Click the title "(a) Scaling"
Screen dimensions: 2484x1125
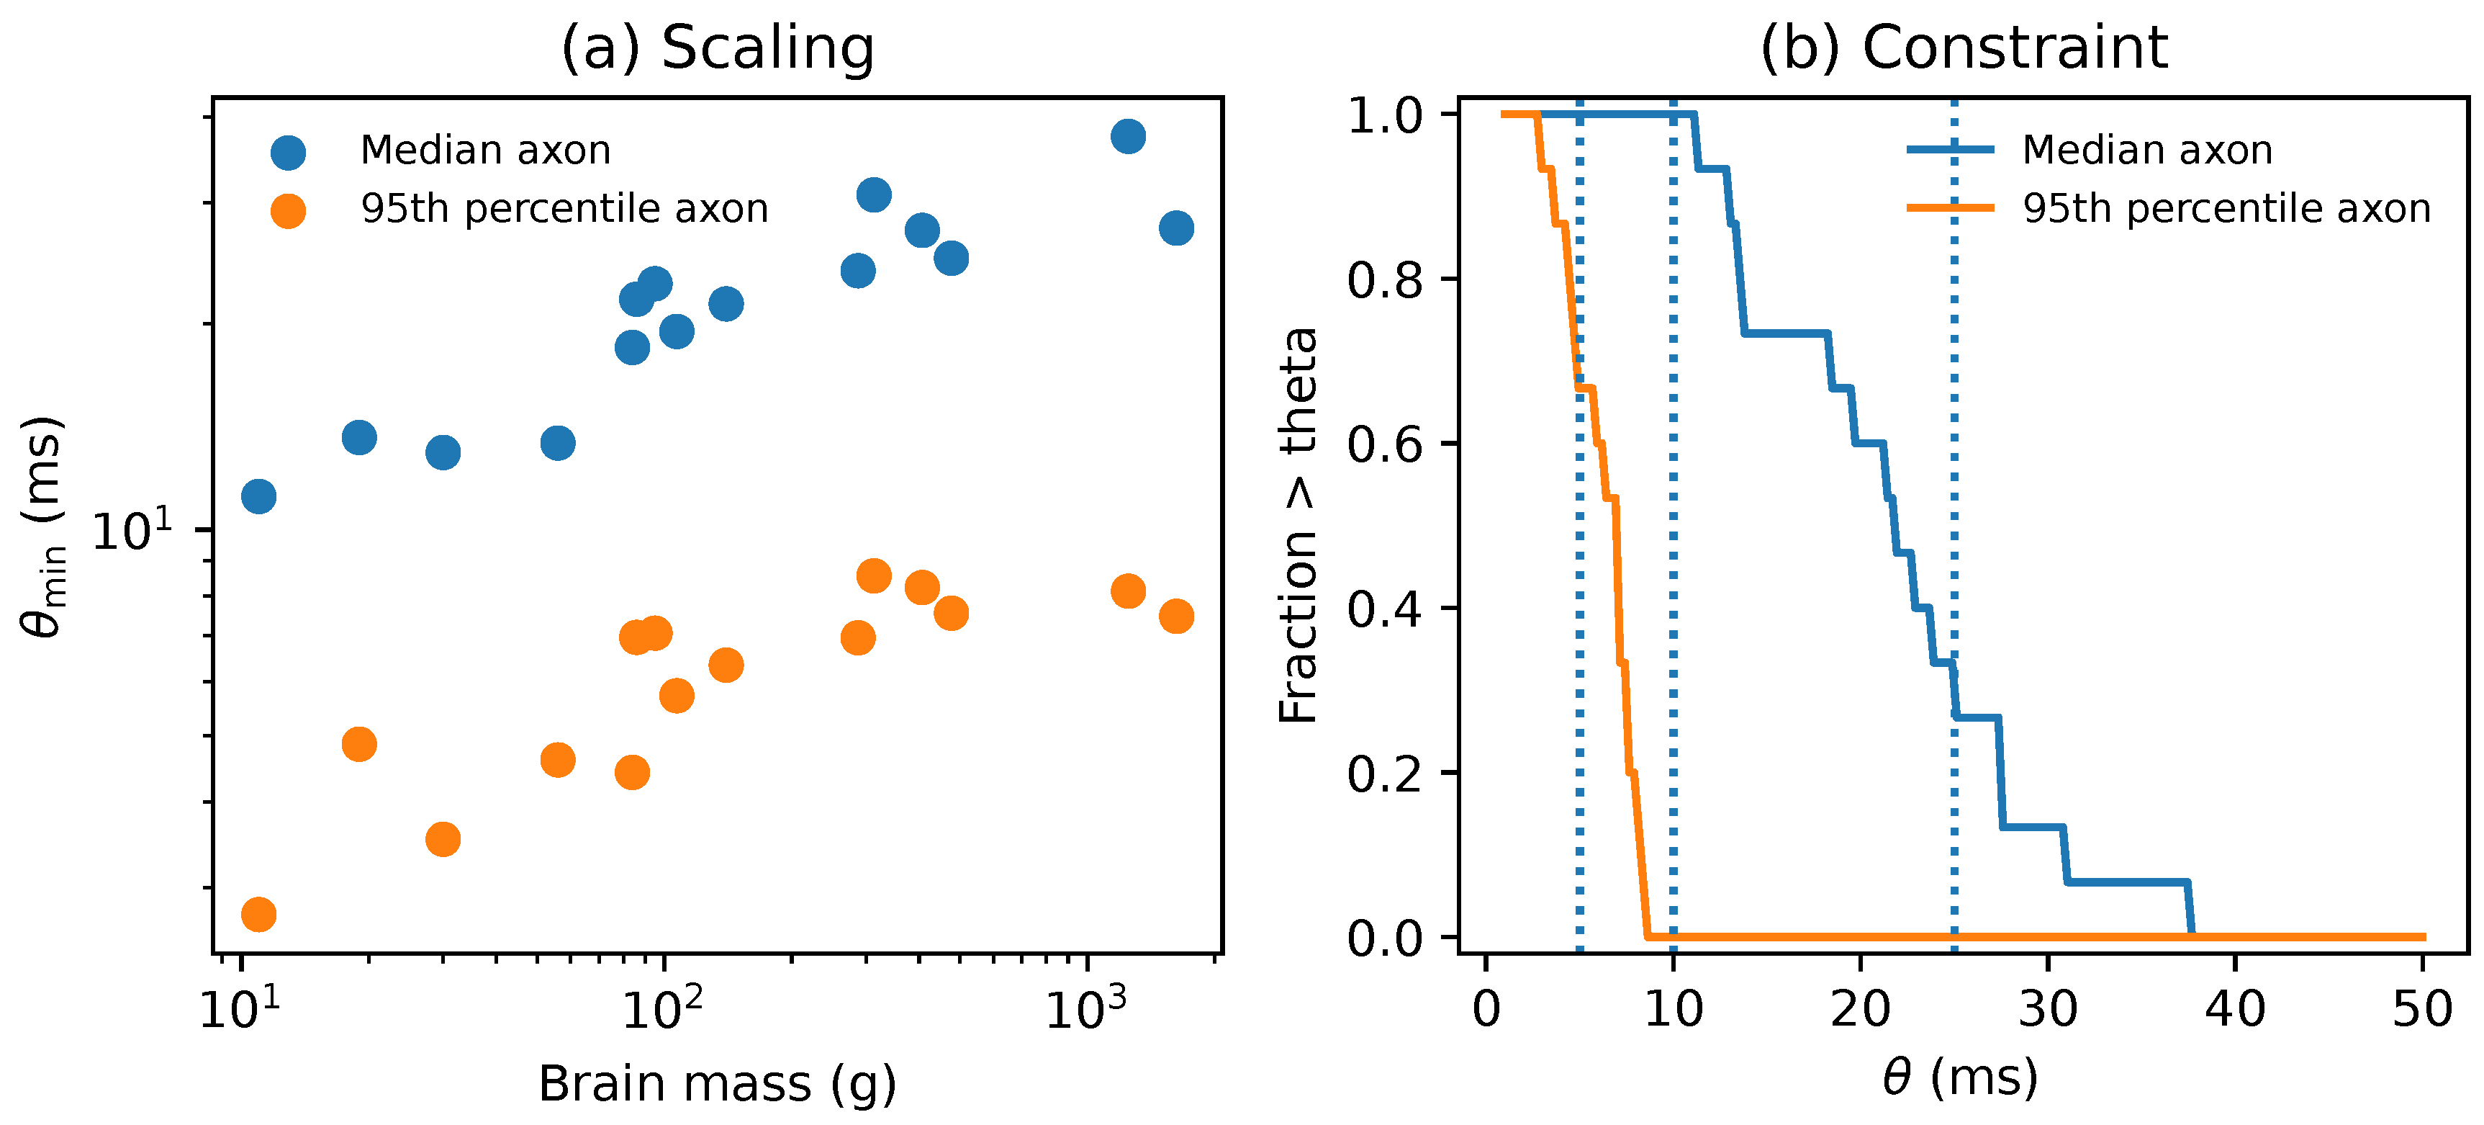(x=718, y=48)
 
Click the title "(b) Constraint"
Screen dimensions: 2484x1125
(x=1964, y=48)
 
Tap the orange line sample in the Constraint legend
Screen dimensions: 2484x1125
(x=1950, y=207)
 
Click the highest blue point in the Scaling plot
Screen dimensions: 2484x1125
(x=1128, y=136)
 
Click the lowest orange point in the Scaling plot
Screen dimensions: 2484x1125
(x=258, y=914)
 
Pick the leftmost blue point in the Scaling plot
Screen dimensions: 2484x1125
(x=258, y=496)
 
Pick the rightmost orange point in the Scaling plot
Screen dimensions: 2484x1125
(x=1176, y=616)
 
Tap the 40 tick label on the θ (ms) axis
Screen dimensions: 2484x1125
(x=2235, y=1009)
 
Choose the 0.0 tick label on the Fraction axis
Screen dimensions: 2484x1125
(x=1385, y=938)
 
